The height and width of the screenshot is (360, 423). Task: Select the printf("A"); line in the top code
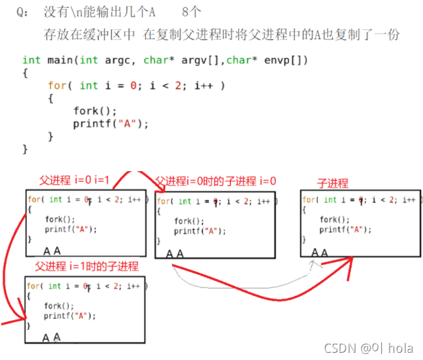coord(110,123)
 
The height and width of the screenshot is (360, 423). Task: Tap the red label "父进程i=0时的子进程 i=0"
coord(215,181)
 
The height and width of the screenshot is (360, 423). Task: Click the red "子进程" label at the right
coord(333,184)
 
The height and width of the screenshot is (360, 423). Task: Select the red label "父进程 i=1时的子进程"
coord(86,267)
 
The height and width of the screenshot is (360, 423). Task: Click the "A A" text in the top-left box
coord(52,250)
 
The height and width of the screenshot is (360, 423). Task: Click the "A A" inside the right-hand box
coord(320,252)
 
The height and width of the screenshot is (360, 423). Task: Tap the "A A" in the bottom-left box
coord(51,337)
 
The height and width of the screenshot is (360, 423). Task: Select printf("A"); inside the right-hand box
coord(345,230)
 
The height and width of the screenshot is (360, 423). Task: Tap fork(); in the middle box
coord(189,221)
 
